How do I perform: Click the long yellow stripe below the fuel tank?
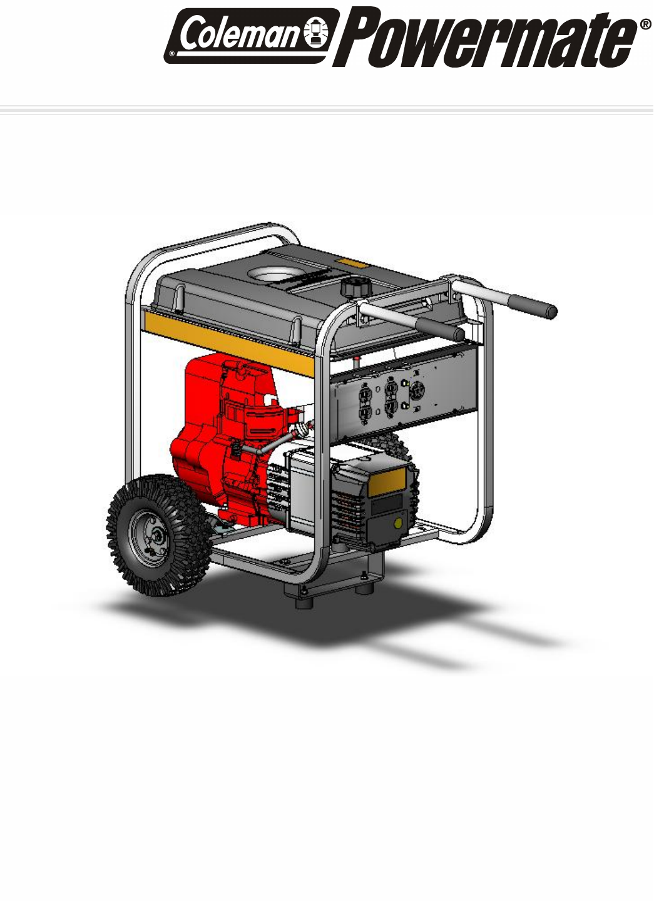[x=229, y=342]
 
